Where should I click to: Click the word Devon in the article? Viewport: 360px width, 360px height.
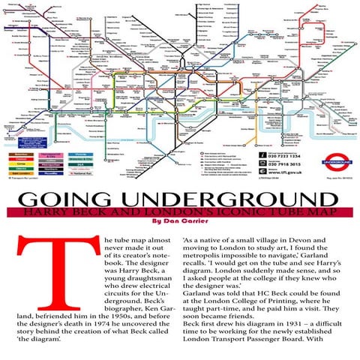click(x=325, y=239)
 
